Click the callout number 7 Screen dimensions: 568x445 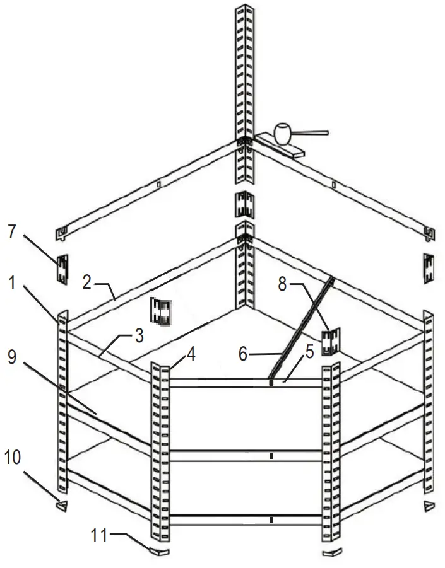coord(11,231)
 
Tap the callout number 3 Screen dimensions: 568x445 coord(138,335)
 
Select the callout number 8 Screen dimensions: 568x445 coord(284,285)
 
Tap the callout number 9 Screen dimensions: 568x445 coord(12,357)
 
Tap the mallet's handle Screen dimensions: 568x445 coord(312,132)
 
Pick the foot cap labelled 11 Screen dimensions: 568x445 coord(160,550)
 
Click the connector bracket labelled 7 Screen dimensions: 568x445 coord(63,270)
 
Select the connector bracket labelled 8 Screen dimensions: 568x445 coord(331,342)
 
